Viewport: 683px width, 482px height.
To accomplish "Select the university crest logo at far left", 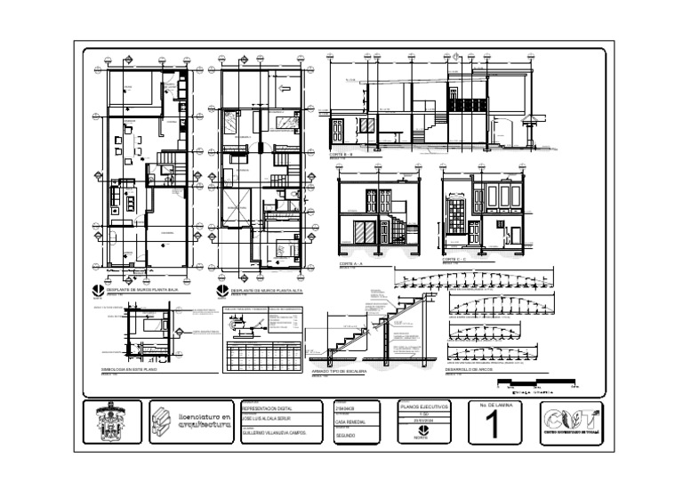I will coord(111,422).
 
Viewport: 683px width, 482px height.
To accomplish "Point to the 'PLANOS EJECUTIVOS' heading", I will coord(426,406).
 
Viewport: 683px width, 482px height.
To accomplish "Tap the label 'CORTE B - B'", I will coord(341,155).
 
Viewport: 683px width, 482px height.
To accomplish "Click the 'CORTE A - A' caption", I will coord(354,264).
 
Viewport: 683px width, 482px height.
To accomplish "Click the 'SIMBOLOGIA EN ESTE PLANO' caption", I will coord(129,368).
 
